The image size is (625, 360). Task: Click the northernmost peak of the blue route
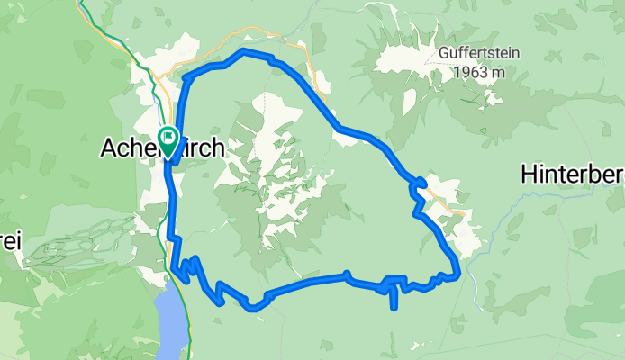click(x=241, y=53)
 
